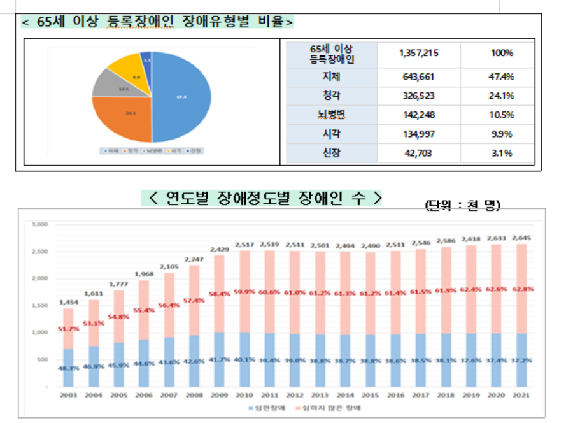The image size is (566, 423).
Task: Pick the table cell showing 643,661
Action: click(x=418, y=76)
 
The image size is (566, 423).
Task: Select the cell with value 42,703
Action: click(x=418, y=153)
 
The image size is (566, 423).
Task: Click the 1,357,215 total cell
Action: click(x=418, y=54)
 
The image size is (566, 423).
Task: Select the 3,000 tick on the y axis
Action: click(x=39, y=224)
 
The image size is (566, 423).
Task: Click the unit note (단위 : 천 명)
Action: click(x=463, y=205)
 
